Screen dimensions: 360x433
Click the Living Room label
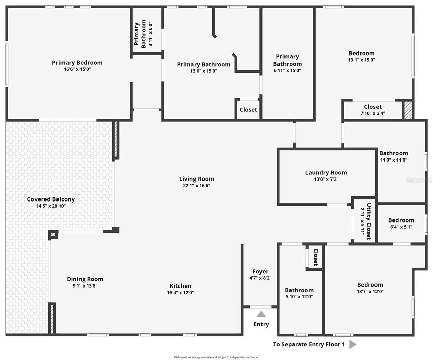pyautogui.click(x=197, y=179)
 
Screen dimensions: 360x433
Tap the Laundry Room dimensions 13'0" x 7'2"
pyautogui.click(x=326, y=179)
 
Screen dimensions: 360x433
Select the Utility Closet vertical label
pyautogui.click(x=369, y=221)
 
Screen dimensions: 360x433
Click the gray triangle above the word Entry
pyautogui.click(x=261, y=314)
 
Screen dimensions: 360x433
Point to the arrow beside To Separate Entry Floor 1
pyautogui.click(x=352, y=344)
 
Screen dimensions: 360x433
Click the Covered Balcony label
pyautogui.click(x=51, y=199)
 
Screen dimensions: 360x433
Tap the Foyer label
pyautogui.click(x=260, y=272)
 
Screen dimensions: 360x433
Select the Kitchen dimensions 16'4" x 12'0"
pyautogui.click(x=180, y=293)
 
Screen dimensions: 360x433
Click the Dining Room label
pyautogui.click(x=85, y=279)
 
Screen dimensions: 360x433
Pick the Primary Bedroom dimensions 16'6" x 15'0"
pyautogui.click(x=77, y=69)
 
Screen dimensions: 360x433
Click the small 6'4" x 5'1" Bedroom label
pyautogui.click(x=401, y=220)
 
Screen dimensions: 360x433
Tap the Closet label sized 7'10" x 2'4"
pyautogui.click(x=372, y=107)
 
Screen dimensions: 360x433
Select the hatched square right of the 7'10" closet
pyautogui.click(x=408, y=110)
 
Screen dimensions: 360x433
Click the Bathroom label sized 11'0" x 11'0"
pyautogui.click(x=393, y=153)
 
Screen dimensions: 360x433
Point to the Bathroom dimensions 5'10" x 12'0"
pyautogui.click(x=299, y=297)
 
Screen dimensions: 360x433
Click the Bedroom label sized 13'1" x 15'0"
pyautogui.click(x=361, y=53)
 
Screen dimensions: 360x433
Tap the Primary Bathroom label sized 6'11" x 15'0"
pyautogui.click(x=287, y=60)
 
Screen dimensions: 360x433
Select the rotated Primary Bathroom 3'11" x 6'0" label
pyautogui.click(x=140, y=34)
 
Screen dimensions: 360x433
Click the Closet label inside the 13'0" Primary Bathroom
pyautogui.click(x=248, y=110)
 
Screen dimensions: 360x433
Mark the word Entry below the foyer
pyautogui.click(x=261, y=324)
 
